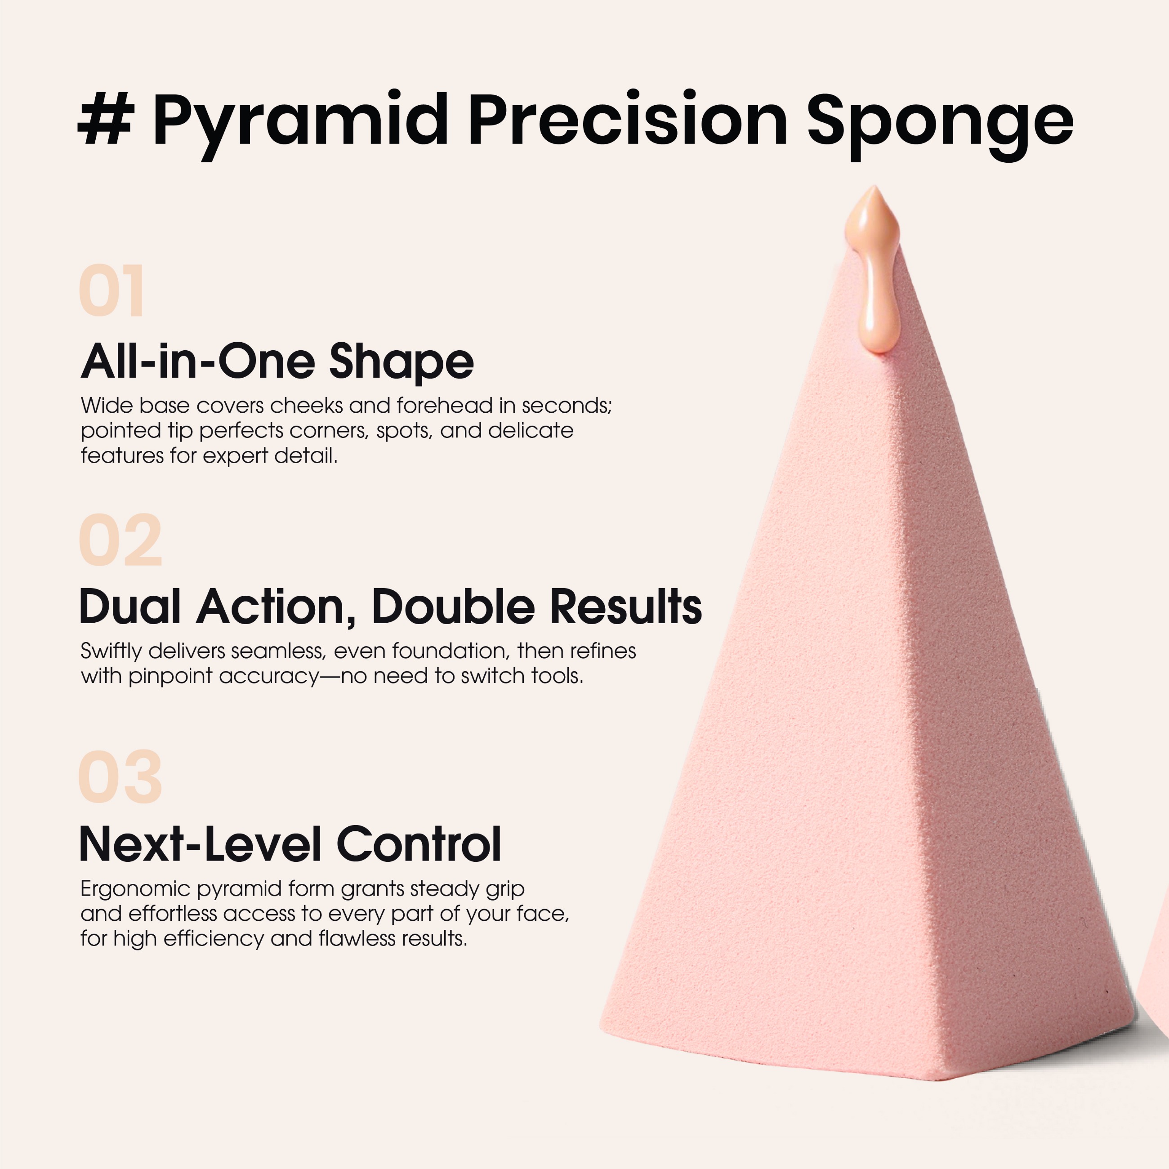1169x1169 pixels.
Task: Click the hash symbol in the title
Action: [x=106, y=119]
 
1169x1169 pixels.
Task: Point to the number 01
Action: [x=112, y=291]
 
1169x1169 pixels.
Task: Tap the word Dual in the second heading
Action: [x=130, y=606]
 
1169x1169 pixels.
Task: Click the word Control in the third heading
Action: [x=419, y=843]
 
